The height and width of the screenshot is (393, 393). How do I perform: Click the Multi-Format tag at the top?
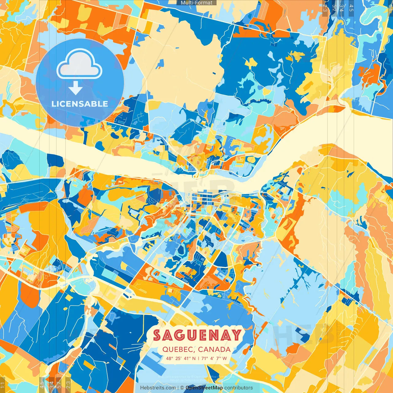[x=196, y=3]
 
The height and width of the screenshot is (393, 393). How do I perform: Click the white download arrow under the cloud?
[x=76, y=88]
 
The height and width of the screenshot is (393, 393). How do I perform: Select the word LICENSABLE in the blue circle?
[x=80, y=104]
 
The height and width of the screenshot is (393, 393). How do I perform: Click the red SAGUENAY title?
[x=197, y=335]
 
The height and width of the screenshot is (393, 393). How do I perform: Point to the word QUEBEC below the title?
[x=178, y=349]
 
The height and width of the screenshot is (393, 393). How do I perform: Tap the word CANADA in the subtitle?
[x=214, y=349]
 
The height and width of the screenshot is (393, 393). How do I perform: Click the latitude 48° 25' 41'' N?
[x=181, y=358]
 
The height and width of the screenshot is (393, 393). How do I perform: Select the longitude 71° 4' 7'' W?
[x=214, y=358]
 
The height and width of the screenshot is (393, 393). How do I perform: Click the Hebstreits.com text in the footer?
[x=158, y=388]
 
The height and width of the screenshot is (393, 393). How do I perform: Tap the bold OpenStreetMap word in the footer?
[x=204, y=388]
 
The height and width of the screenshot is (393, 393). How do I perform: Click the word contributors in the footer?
[x=239, y=388]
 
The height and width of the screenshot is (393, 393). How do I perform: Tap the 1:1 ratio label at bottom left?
[x=3, y=385]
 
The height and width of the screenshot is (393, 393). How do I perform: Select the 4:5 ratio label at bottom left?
[x=42, y=385]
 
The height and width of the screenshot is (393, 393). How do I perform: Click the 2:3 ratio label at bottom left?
[x=68, y=385]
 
